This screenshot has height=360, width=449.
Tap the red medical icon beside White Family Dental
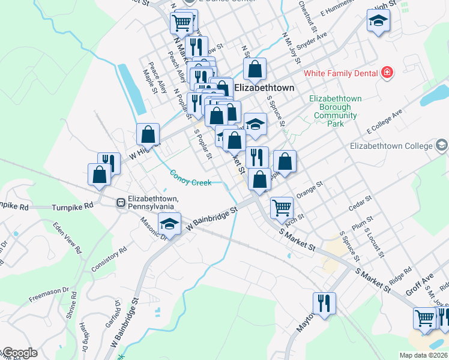click(387, 73)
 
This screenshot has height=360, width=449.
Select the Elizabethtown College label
click(391, 146)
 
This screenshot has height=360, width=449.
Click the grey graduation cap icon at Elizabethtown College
click(442, 146)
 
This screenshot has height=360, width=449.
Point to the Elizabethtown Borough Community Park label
click(336, 111)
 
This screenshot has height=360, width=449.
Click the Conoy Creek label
click(190, 178)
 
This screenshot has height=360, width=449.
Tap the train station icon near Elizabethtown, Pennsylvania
click(121, 203)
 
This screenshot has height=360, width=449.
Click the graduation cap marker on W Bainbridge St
click(170, 224)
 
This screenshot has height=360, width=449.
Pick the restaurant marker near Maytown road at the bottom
click(324, 302)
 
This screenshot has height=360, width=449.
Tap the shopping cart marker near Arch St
click(281, 208)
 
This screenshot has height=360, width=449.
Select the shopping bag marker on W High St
click(148, 134)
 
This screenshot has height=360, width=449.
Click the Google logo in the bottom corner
click(19, 353)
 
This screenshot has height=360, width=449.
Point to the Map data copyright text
click(424, 355)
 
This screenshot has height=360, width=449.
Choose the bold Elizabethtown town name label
click(264, 88)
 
